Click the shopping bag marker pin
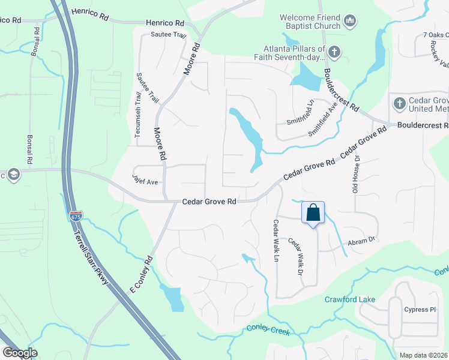coord(313,212)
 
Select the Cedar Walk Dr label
coord(295,256)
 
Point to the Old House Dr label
coord(356,175)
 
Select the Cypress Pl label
coord(420,310)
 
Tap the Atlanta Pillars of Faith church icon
coord(334,53)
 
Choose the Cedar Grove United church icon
coord(399,104)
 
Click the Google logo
coord(20,353)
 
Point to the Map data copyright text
coord(423,355)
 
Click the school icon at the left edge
coord(13,175)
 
